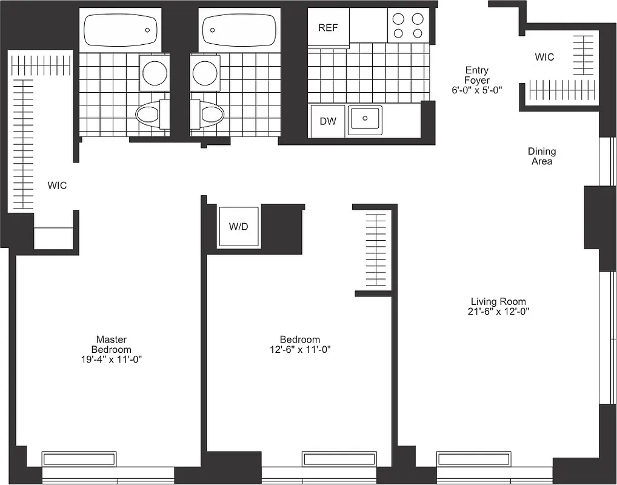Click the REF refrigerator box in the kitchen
pos(328,27)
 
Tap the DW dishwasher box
pos(328,121)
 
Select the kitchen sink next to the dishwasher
pos(364,119)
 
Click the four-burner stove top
pos(407,25)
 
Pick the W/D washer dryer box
pos(238,227)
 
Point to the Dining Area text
pos(541,156)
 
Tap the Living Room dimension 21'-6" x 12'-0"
pos(498,312)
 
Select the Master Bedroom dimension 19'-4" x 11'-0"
pos(111,360)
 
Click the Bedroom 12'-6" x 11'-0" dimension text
pos(299,350)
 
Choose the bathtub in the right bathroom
pos(238,30)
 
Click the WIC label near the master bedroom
pos(57,186)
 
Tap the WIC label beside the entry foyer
pos(544,57)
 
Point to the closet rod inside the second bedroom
pos(376,250)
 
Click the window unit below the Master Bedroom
pos(79,458)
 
